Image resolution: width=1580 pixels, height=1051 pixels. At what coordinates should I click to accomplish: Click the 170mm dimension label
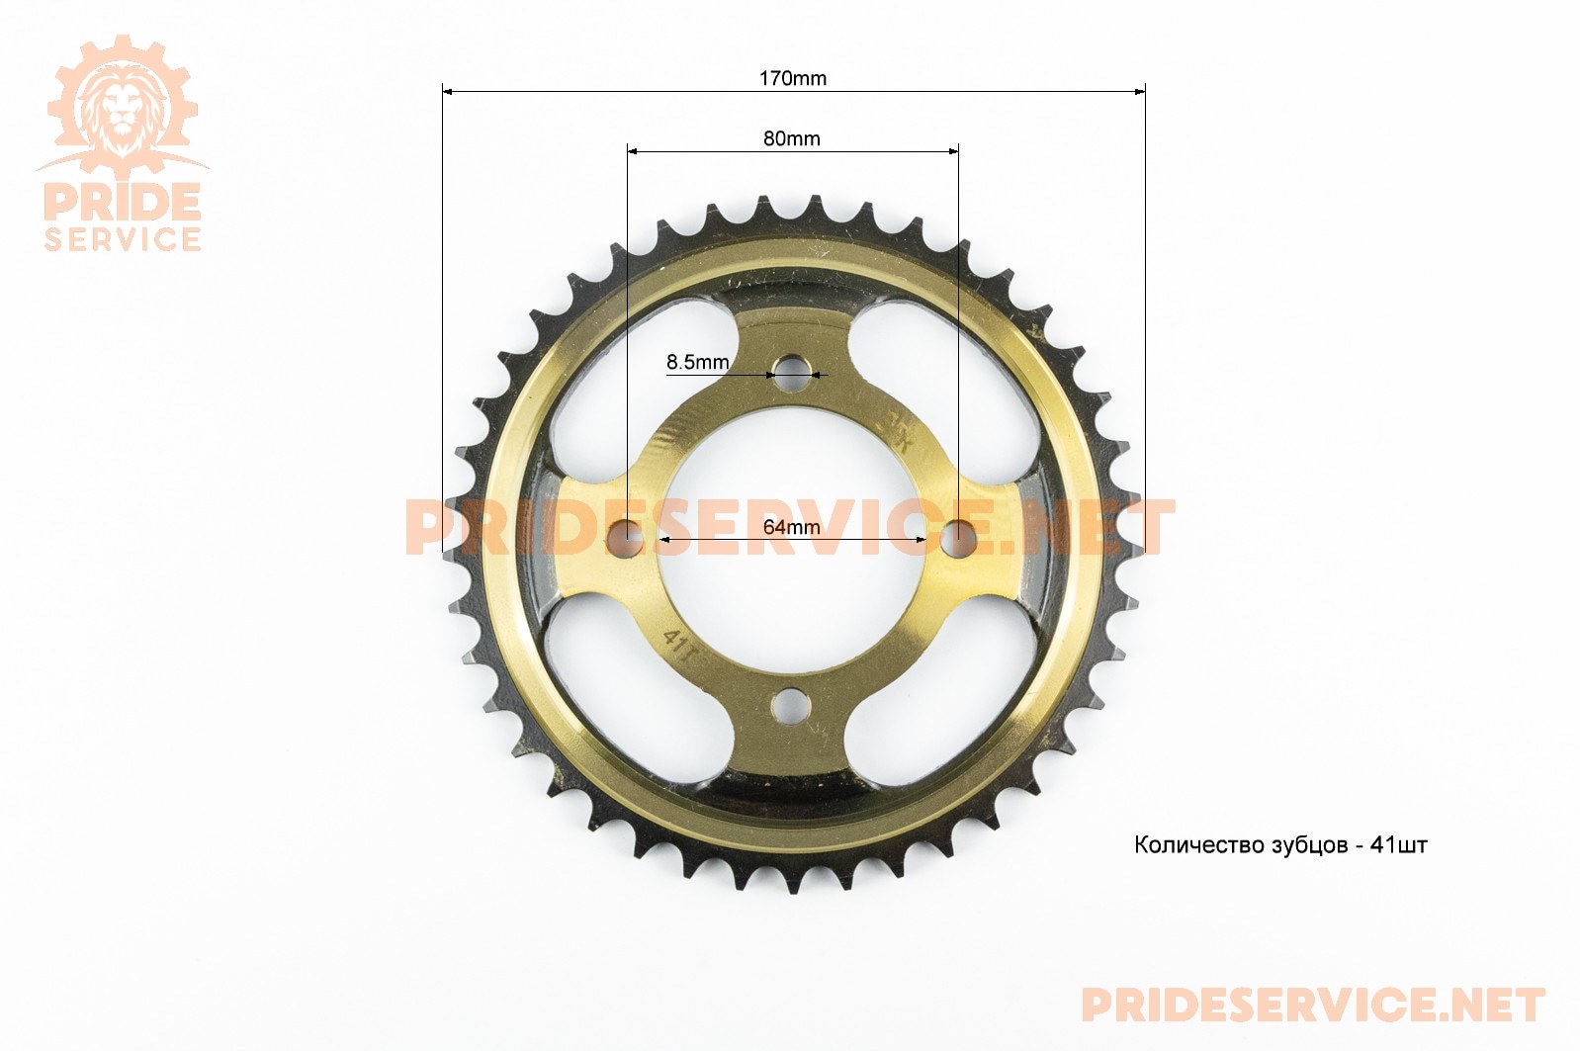coord(792,78)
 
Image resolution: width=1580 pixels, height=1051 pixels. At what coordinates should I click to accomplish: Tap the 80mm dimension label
coord(791,138)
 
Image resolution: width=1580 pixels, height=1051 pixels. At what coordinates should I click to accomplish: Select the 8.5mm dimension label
coord(698,363)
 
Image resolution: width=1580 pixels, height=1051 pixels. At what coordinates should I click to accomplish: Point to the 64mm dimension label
coord(791,527)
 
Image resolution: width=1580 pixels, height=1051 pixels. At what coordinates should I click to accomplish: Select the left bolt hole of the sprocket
coord(625,538)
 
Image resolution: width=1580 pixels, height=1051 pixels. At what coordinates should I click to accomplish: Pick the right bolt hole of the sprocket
coord(959,538)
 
